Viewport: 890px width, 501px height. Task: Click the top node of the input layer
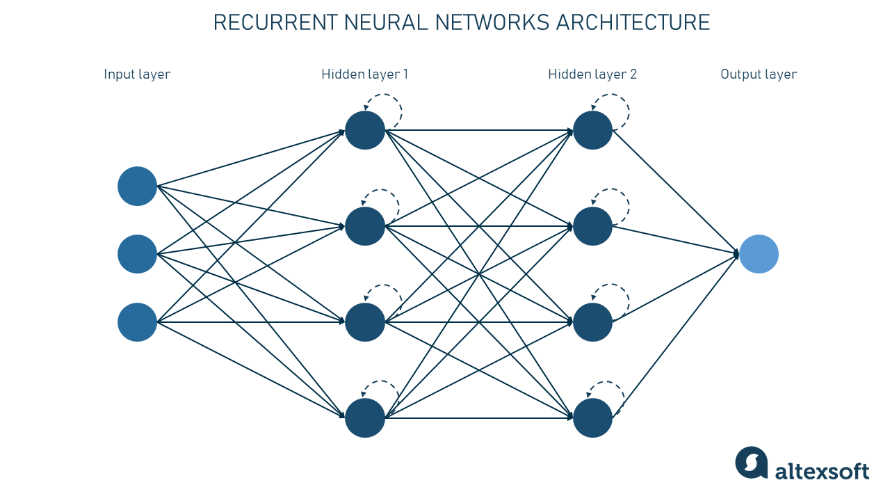(137, 186)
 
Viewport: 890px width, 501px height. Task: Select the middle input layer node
(137, 254)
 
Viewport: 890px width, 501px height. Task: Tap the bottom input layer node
(137, 322)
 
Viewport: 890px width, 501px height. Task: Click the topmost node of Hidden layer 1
(365, 130)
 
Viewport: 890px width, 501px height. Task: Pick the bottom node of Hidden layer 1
(365, 418)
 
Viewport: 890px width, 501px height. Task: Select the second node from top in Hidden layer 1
(365, 226)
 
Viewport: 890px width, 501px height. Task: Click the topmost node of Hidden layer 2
(592, 130)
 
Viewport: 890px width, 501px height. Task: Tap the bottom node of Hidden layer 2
(592, 418)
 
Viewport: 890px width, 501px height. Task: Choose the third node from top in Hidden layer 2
(592, 322)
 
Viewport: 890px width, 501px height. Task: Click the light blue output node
(759, 254)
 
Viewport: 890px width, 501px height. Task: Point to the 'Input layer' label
(137, 74)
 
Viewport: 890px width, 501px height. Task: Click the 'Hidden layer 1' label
(365, 74)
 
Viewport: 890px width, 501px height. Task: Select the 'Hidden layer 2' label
(592, 74)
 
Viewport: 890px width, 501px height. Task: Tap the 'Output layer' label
(759, 74)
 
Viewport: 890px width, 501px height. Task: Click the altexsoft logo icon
(751, 463)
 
